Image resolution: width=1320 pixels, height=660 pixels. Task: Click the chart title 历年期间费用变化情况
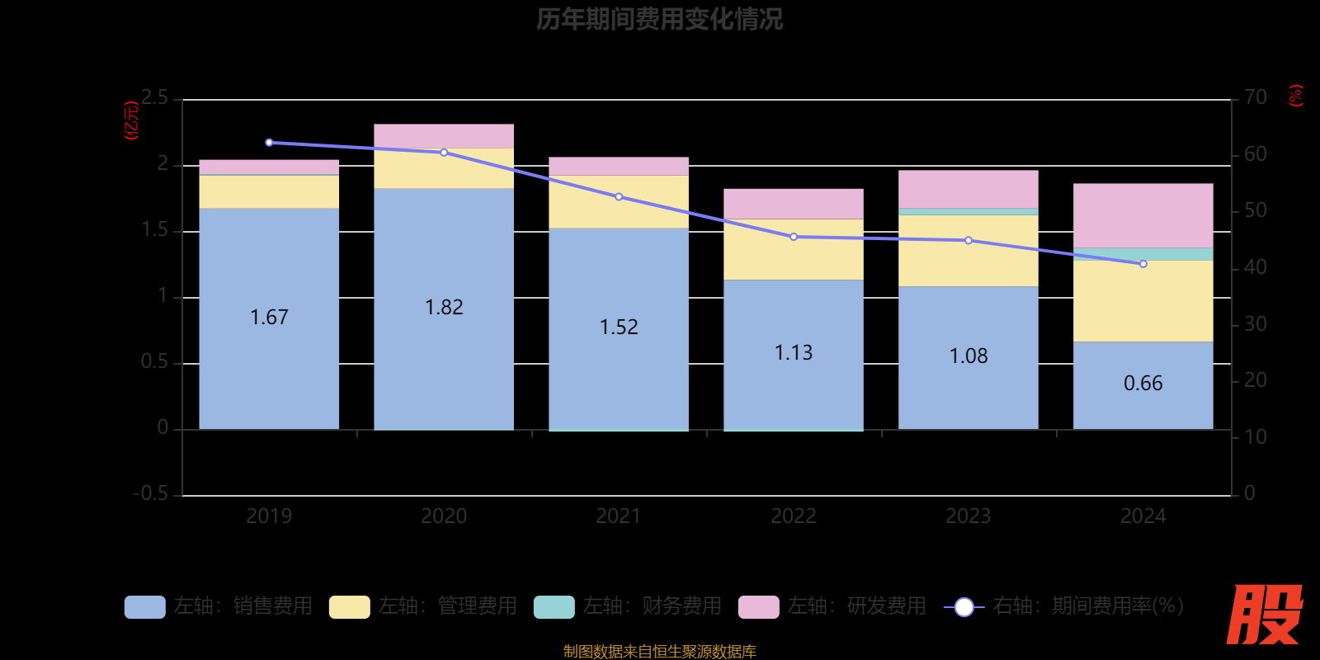click(x=659, y=19)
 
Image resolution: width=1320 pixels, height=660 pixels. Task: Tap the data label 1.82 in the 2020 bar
click(x=444, y=308)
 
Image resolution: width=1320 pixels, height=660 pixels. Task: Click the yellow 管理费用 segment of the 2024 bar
click(x=1143, y=300)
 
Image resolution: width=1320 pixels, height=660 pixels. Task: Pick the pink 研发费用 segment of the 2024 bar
click(x=1143, y=215)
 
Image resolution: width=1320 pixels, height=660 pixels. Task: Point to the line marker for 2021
click(x=619, y=197)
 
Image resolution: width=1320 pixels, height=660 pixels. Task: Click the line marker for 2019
click(x=269, y=143)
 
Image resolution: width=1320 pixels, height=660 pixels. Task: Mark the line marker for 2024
click(x=1143, y=264)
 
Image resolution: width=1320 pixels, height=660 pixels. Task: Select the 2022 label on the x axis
click(x=793, y=516)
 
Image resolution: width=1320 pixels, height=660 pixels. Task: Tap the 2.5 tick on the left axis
click(x=154, y=98)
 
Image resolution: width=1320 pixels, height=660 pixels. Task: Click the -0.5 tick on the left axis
click(x=151, y=493)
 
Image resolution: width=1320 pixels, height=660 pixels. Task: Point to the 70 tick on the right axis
click(x=1255, y=98)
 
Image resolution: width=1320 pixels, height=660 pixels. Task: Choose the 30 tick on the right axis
click(x=1255, y=324)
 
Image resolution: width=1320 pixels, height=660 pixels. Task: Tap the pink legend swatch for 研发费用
click(x=758, y=607)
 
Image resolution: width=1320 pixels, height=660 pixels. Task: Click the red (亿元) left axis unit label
click(x=130, y=120)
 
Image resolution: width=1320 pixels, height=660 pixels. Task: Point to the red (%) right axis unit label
click(x=1296, y=96)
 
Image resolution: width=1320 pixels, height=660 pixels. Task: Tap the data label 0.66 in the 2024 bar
click(x=1143, y=384)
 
